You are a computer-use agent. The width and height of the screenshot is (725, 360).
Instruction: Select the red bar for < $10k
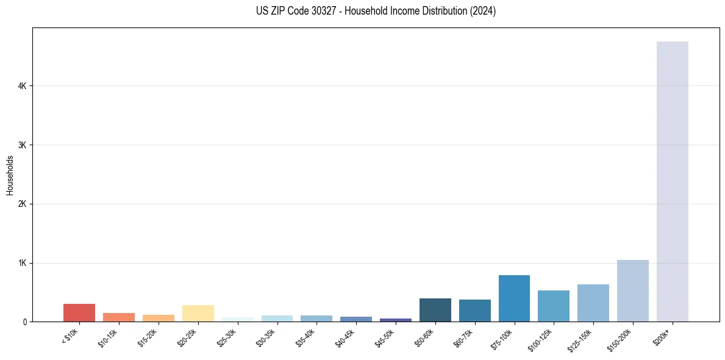click(x=79, y=312)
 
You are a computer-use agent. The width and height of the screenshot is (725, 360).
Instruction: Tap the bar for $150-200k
click(x=633, y=290)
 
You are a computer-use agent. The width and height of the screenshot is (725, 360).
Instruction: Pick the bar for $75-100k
click(x=514, y=298)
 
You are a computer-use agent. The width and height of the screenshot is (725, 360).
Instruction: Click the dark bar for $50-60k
click(x=435, y=310)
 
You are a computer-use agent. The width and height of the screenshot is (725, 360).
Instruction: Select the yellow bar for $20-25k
click(x=198, y=313)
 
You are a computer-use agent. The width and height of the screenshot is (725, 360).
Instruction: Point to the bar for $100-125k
click(x=554, y=306)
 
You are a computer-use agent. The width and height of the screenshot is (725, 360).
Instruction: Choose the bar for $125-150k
click(x=593, y=303)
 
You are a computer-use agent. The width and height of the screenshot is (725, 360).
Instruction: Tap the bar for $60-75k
click(x=474, y=311)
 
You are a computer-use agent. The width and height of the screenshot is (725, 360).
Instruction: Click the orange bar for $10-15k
click(x=119, y=317)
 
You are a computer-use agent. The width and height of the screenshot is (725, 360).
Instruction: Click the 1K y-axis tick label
click(x=23, y=263)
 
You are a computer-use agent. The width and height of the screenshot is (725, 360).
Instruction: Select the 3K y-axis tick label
click(x=23, y=145)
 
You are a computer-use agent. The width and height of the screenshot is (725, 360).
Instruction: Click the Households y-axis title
click(x=10, y=175)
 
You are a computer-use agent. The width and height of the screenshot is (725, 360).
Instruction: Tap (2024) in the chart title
click(x=483, y=11)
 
